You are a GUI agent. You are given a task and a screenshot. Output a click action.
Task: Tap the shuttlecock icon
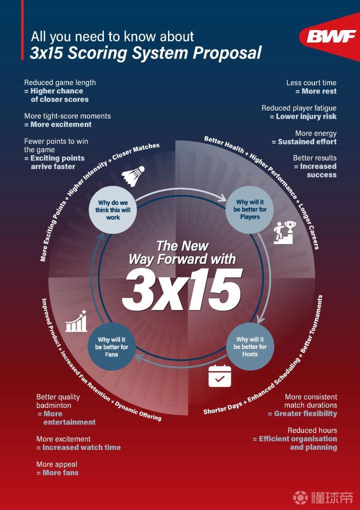(133, 174)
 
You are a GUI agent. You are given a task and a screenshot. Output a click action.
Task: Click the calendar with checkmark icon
(219, 376)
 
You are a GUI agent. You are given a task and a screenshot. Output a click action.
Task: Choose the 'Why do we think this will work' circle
(112, 210)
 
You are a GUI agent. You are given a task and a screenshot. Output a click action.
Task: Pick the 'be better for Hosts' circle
(250, 346)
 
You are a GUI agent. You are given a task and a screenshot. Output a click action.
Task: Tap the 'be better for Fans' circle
(111, 346)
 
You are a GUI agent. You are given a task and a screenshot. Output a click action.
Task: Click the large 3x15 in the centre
(182, 289)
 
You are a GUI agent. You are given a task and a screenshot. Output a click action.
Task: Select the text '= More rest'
(316, 91)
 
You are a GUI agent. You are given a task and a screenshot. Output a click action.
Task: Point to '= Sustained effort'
(304, 142)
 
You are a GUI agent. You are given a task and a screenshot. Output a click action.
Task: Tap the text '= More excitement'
(58, 124)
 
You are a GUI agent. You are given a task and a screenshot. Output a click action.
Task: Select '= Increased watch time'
(78, 447)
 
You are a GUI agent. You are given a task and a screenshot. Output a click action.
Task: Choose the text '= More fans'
(57, 472)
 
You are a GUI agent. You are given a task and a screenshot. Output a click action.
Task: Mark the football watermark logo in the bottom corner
(300, 497)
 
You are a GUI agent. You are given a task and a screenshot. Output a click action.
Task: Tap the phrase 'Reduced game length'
(60, 82)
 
